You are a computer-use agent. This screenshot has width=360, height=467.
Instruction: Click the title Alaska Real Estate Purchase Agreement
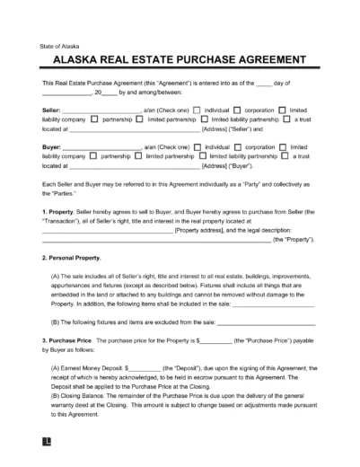(x=180, y=62)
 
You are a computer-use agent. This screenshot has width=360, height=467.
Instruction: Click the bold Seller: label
(x=53, y=109)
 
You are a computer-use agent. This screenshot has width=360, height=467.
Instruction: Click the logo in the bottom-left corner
(x=45, y=454)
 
